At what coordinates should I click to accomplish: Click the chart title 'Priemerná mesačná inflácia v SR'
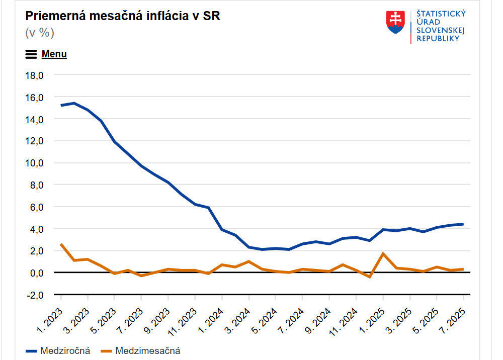[123, 16]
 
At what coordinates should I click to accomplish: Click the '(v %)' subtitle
[40, 33]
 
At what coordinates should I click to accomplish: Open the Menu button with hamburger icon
[46, 54]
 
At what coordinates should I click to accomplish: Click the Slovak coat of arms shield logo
[395, 23]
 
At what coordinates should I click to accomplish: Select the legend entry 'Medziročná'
[64, 350]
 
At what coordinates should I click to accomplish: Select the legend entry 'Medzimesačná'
[147, 350]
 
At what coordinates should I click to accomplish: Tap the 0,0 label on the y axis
[36, 273]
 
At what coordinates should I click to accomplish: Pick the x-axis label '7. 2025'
[453, 317]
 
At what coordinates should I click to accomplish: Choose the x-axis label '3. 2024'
[238, 317]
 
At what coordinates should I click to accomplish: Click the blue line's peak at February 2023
[74, 103]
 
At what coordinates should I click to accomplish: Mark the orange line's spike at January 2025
[383, 253]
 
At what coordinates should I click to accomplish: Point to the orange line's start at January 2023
[61, 244]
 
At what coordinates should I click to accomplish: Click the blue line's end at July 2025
[463, 224]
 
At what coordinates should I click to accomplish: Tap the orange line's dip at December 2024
[370, 277]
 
